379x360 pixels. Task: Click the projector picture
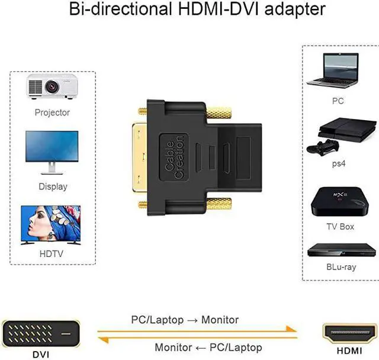pos(52,86)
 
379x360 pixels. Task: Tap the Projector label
pos(52,112)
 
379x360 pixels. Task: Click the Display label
pos(52,187)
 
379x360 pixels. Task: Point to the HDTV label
pos(52,253)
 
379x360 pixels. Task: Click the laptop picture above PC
pos(341,70)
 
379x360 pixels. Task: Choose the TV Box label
pos(341,226)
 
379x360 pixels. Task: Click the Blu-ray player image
pos(341,250)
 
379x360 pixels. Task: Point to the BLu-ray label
pos(341,267)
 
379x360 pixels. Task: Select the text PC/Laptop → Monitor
pos(185,320)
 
